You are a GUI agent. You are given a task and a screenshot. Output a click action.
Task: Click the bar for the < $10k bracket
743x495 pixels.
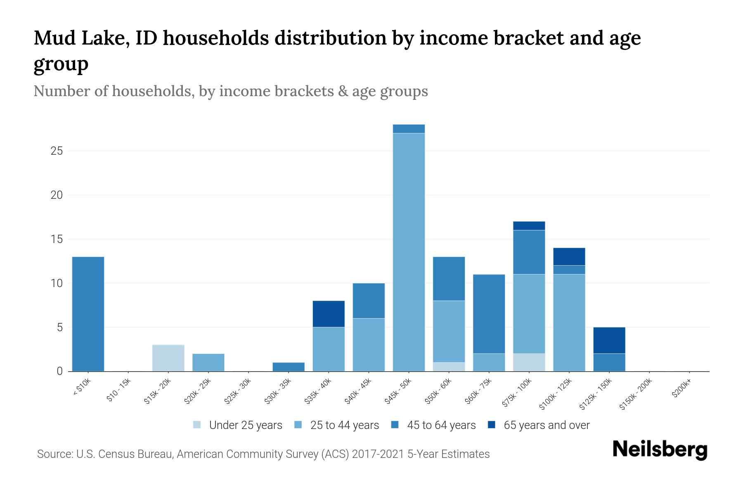click(88, 314)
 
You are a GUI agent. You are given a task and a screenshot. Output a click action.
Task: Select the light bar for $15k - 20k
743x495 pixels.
click(168, 358)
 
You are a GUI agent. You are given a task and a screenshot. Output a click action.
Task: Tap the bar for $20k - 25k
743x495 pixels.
click(208, 362)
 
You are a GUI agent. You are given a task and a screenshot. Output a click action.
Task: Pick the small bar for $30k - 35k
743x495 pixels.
click(289, 367)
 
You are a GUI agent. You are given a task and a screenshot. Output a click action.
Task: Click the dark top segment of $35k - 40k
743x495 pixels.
click(329, 314)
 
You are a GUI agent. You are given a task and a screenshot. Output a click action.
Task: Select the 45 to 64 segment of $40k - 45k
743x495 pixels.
click(369, 300)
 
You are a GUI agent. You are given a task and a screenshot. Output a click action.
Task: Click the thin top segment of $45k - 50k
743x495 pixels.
click(409, 129)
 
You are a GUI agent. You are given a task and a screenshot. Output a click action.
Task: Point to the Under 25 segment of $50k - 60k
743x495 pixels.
click(449, 367)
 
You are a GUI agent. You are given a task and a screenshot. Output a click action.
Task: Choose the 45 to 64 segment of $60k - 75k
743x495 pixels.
click(489, 314)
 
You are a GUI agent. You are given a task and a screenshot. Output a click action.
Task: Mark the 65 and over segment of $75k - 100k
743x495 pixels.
click(529, 226)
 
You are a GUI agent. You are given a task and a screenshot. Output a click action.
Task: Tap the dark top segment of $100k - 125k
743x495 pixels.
click(569, 256)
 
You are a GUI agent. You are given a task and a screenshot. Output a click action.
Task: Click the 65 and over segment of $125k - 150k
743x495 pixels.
click(609, 340)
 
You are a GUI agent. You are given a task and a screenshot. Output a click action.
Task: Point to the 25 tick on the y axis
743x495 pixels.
click(57, 151)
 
